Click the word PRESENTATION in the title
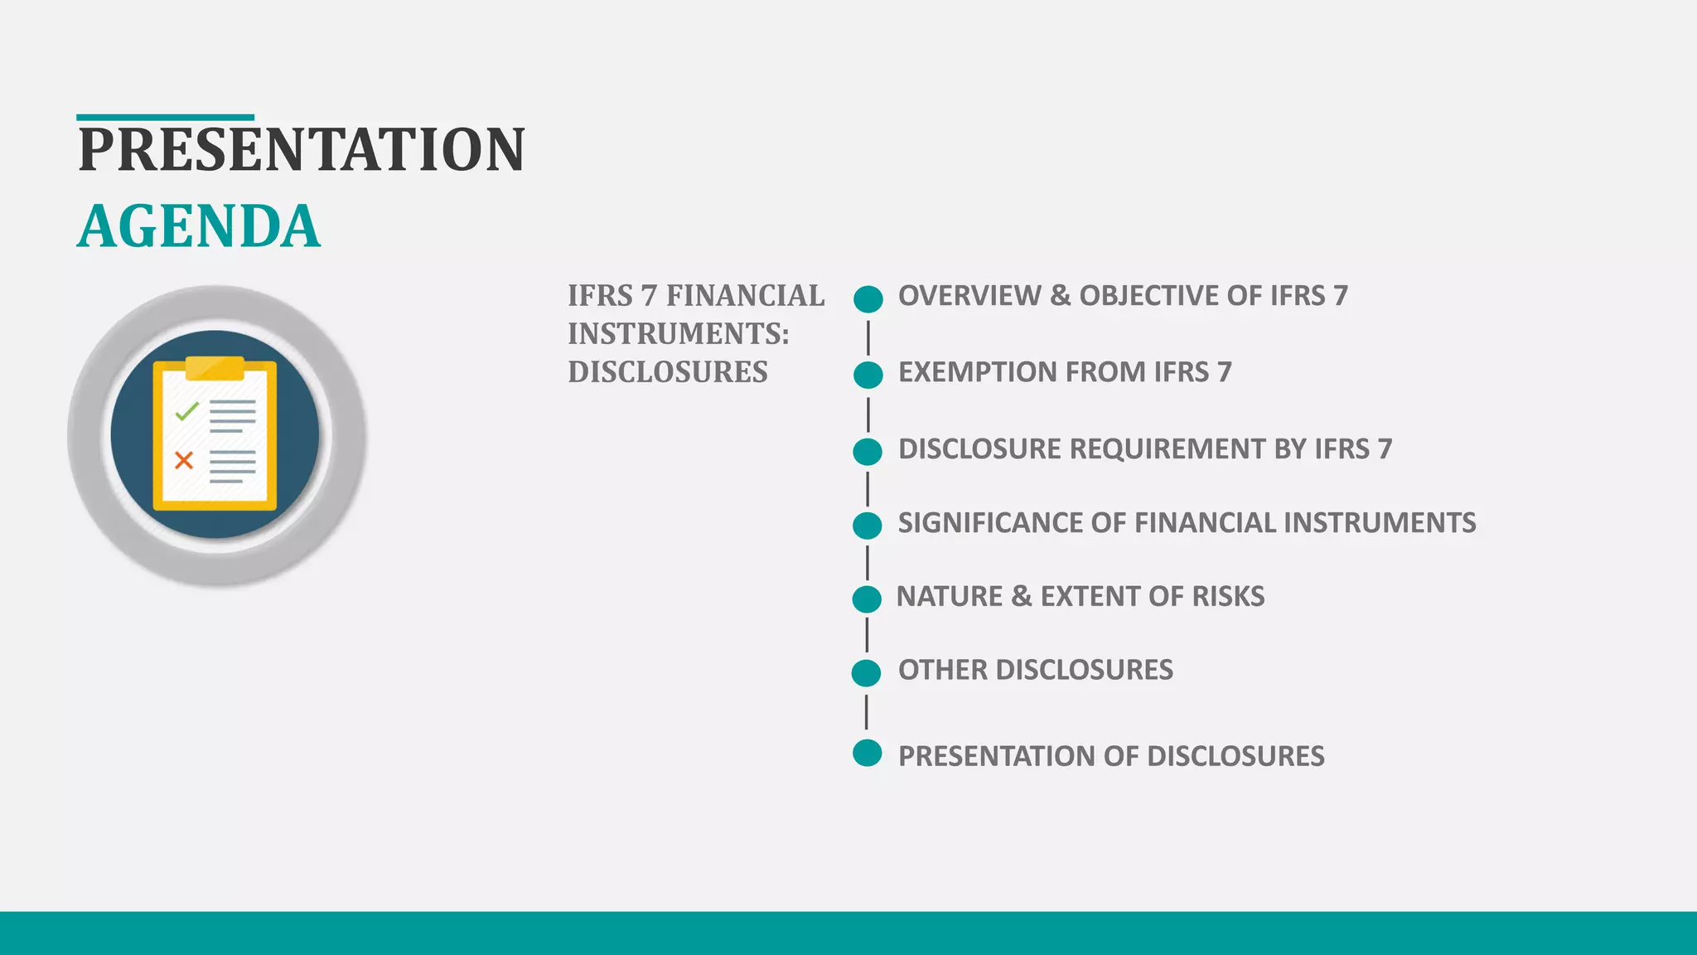[x=302, y=150]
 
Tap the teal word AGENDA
[x=199, y=226]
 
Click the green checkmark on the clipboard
[x=187, y=410]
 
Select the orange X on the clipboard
[x=184, y=460]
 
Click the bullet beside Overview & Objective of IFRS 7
[x=868, y=298]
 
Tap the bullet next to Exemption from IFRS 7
[x=868, y=375]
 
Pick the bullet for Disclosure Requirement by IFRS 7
[x=868, y=452]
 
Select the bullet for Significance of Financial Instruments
[x=868, y=525]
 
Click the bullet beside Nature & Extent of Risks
[x=867, y=599]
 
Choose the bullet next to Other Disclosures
[x=866, y=672]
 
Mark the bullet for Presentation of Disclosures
[x=867, y=753]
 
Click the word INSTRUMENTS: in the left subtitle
[x=679, y=334]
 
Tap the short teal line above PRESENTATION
[x=165, y=118]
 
